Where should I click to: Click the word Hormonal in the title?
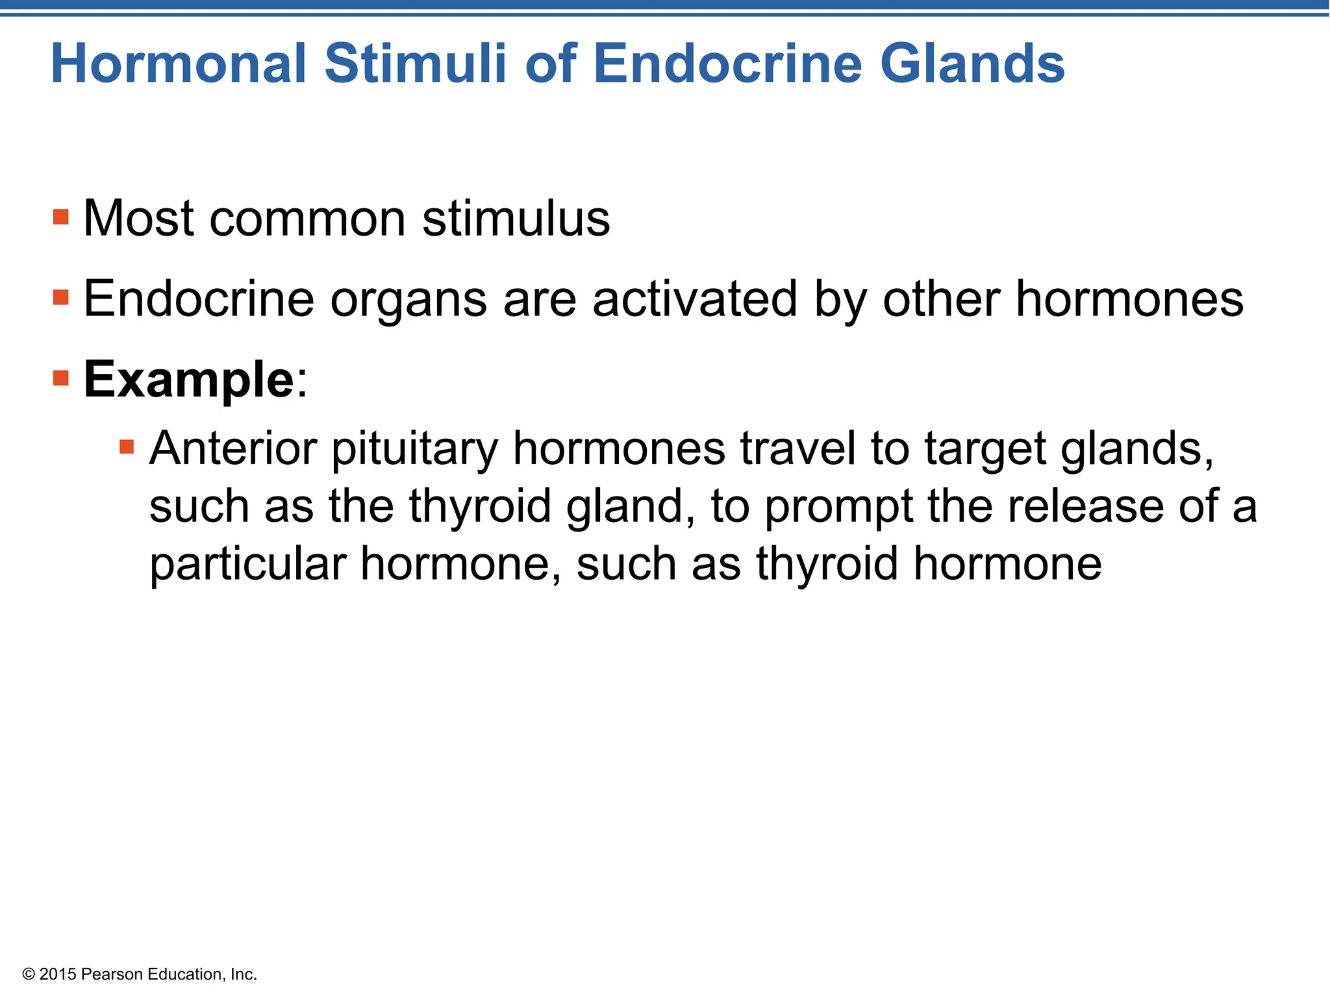point(178,64)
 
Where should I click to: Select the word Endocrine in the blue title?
point(727,64)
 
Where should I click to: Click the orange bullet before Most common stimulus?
point(61,217)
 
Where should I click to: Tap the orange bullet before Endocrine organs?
point(61,298)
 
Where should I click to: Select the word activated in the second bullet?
point(695,299)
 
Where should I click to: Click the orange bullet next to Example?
point(61,378)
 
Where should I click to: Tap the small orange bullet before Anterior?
point(127,447)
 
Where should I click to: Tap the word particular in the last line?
point(247,564)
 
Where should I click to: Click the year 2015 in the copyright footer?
point(58,974)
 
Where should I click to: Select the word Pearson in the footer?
point(112,974)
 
